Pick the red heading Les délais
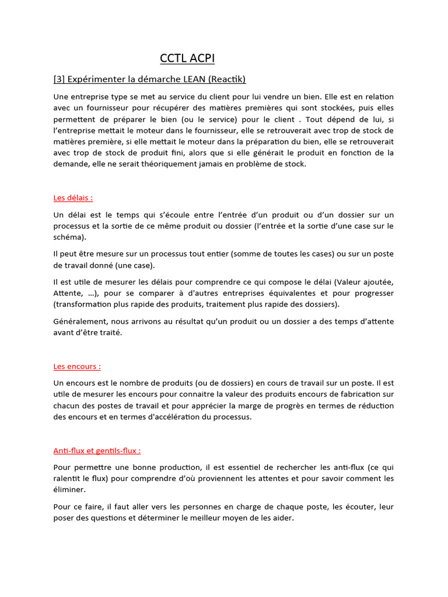[73, 198]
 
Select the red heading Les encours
[77, 366]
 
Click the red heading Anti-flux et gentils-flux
[97, 451]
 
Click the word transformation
[85, 304]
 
